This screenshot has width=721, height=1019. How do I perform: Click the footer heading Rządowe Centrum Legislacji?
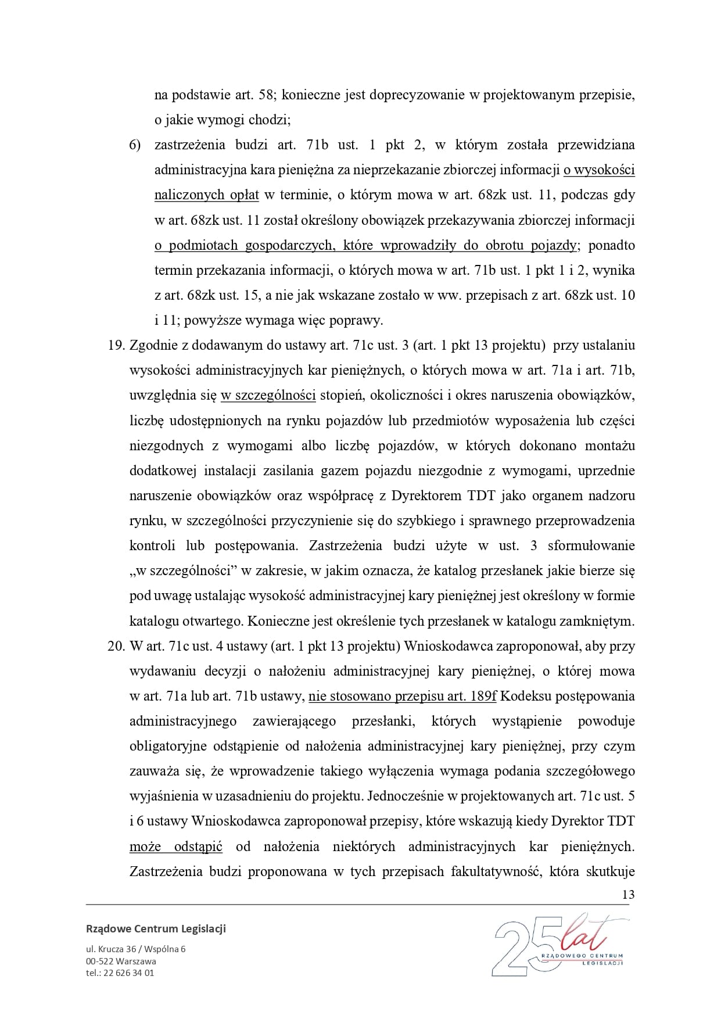tap(156, 928)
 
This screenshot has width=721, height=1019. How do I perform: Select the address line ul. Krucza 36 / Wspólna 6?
tap(135, 949)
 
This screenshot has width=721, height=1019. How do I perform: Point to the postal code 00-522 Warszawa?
tap(121, 961)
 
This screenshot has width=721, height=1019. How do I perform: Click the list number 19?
tap(117, 345)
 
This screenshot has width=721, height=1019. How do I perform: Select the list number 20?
tap(117, 646)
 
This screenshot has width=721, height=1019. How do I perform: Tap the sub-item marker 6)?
tap(135, 145)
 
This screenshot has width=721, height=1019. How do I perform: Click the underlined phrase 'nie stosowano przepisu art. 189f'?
tap(402, 696)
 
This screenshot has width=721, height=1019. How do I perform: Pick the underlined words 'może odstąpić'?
tap(175, 846)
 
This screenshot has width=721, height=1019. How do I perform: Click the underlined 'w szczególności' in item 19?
tap(268, 396)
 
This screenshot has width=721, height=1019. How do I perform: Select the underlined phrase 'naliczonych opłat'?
tap(206, 195)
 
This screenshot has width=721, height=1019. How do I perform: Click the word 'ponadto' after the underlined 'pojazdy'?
tap(611, 245)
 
